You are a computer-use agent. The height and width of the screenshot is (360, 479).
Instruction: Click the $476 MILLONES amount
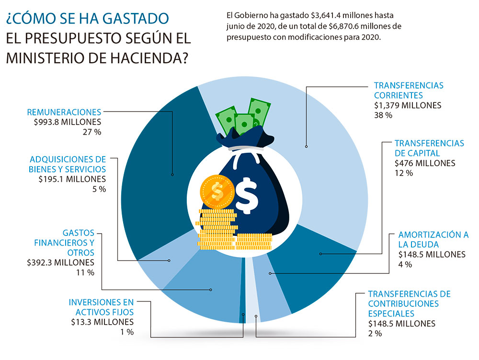click(425, 163)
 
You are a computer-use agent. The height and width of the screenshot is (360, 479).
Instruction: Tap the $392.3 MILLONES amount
click(61, 262)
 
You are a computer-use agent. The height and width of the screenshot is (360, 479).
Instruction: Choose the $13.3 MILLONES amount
click(102, 322)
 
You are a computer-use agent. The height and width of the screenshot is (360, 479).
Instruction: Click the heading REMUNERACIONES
click(64, 112)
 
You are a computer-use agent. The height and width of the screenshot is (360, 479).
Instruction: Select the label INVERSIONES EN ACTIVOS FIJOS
click(101, 307)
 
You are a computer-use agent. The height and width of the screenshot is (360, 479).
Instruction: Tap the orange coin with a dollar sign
click(217, 191)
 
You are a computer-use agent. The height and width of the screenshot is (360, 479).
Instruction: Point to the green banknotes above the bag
click(242, 115)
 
